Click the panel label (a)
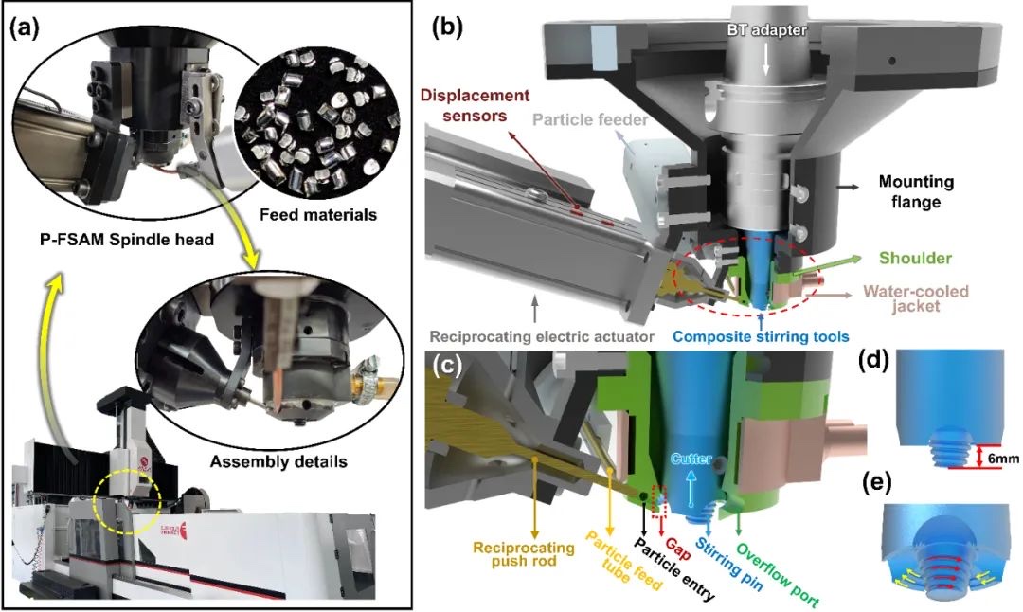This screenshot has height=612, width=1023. click(x=24, y=27)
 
